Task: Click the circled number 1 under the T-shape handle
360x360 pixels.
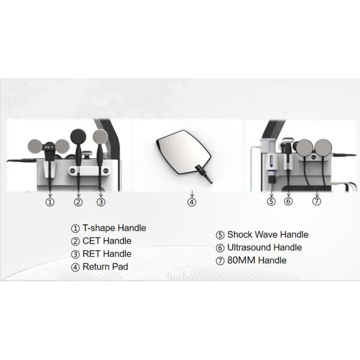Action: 50,202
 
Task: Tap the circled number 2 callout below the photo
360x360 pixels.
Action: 78,202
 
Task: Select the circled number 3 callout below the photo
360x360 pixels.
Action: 101,202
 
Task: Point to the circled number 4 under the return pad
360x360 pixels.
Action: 192,202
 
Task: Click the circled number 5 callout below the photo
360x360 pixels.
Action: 271,201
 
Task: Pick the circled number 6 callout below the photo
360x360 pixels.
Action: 289,201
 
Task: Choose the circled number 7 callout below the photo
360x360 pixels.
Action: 317,201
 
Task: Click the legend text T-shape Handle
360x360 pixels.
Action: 115,228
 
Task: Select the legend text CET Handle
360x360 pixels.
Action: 107,241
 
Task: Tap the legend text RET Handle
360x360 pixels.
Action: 107,254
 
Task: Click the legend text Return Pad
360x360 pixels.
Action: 106,267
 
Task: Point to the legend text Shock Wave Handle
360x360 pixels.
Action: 268,235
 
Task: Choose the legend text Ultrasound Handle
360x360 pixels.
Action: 265,247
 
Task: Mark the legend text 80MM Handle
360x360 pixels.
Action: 257,260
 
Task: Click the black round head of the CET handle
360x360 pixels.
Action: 78,137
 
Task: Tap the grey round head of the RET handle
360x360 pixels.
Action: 100,137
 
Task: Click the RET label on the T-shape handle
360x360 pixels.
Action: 49,147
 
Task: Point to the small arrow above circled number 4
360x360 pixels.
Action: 192,194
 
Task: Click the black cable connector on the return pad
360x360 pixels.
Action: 203,175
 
